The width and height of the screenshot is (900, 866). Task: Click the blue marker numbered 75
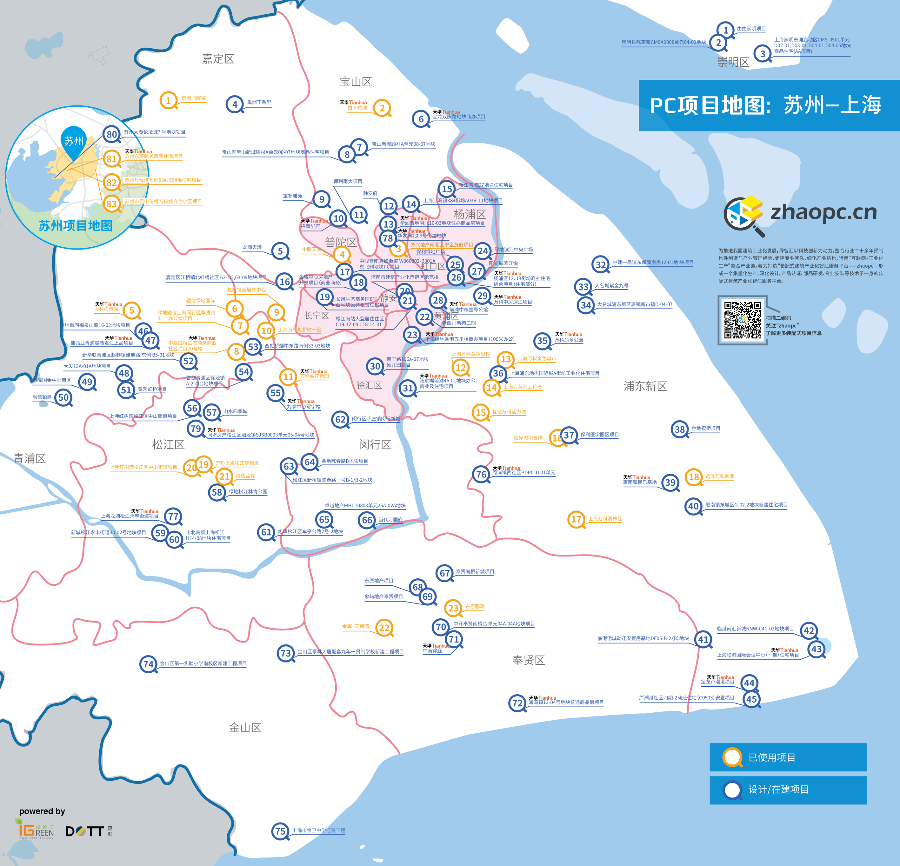(x=280, y=831)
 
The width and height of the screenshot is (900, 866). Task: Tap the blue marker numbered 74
(x=148, y=663)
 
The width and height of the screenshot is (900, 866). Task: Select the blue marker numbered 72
(x=517, y=703)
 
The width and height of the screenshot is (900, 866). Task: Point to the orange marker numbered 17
(x=576, y=519)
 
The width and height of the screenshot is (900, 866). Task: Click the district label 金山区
(x=245, y=727)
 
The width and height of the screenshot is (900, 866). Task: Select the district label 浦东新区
(x=645, y=386)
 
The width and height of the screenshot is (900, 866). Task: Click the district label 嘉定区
(x=218, y=58)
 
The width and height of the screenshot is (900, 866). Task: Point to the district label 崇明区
(x=733, y=62)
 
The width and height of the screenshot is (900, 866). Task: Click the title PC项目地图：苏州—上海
(x=765, y=105)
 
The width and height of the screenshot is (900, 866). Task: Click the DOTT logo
(x=85, y=831)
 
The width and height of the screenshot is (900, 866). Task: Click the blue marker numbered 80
(x=111, y=134)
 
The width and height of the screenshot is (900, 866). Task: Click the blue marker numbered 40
(x=693, y=506)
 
